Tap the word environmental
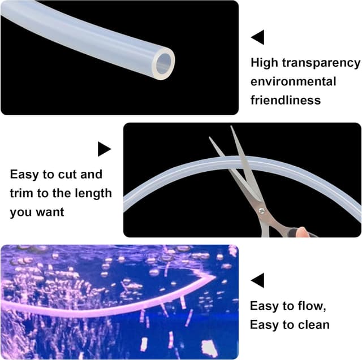coord(293,81)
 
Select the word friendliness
coord(285,100)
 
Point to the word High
coord(264,63)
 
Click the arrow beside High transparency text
coord(258,38)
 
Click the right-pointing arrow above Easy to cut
coord(104,149)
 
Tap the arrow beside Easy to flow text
coord(258,280)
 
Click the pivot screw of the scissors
coord(261,210)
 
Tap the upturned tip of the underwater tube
coord(212,276)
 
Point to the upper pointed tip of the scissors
coord(232,127)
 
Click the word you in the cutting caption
coord(20,213)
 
